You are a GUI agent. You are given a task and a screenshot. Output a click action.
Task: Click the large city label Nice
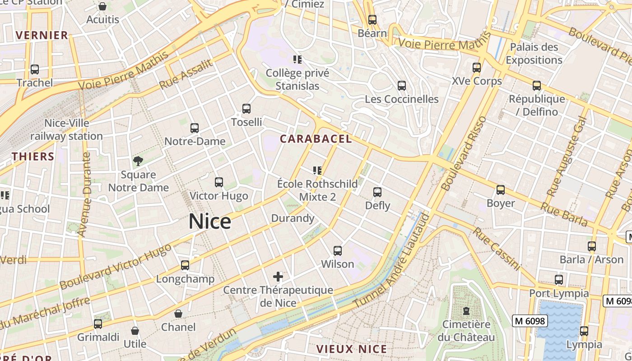(210, 222)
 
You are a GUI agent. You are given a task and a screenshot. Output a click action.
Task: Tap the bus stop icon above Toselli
(246, 109)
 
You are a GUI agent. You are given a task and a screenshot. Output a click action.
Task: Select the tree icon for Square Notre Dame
(138, 161)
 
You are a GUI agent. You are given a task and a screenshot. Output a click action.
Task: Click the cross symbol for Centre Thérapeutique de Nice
(278, 276)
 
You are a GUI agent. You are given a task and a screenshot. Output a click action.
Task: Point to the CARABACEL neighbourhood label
(316, 139)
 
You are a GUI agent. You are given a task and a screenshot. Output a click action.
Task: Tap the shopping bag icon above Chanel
(178, 314)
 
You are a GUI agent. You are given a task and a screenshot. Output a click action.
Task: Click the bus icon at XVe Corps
(477, 68)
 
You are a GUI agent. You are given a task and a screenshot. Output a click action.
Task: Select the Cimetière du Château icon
(466, 311)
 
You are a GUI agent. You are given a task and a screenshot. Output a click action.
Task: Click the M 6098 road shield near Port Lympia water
(530, 321)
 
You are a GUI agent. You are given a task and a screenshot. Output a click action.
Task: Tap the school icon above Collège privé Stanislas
(297, 59)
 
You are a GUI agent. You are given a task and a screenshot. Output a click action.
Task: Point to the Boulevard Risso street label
(463, 153)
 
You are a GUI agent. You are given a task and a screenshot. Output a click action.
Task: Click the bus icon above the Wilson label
(338, 251)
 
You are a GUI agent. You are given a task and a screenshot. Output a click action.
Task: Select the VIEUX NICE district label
(352, 349)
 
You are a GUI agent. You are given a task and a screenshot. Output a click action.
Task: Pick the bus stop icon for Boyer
(500, 190)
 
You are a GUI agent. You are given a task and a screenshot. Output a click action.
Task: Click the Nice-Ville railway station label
(66, 130)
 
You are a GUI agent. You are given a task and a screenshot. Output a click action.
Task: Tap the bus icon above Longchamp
(185, 265)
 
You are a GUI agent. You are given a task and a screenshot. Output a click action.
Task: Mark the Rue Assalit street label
(186, 74)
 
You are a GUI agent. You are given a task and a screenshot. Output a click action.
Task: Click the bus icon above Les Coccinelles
(401, 86)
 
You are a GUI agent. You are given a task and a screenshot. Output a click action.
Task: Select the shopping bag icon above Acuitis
(102, 6)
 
